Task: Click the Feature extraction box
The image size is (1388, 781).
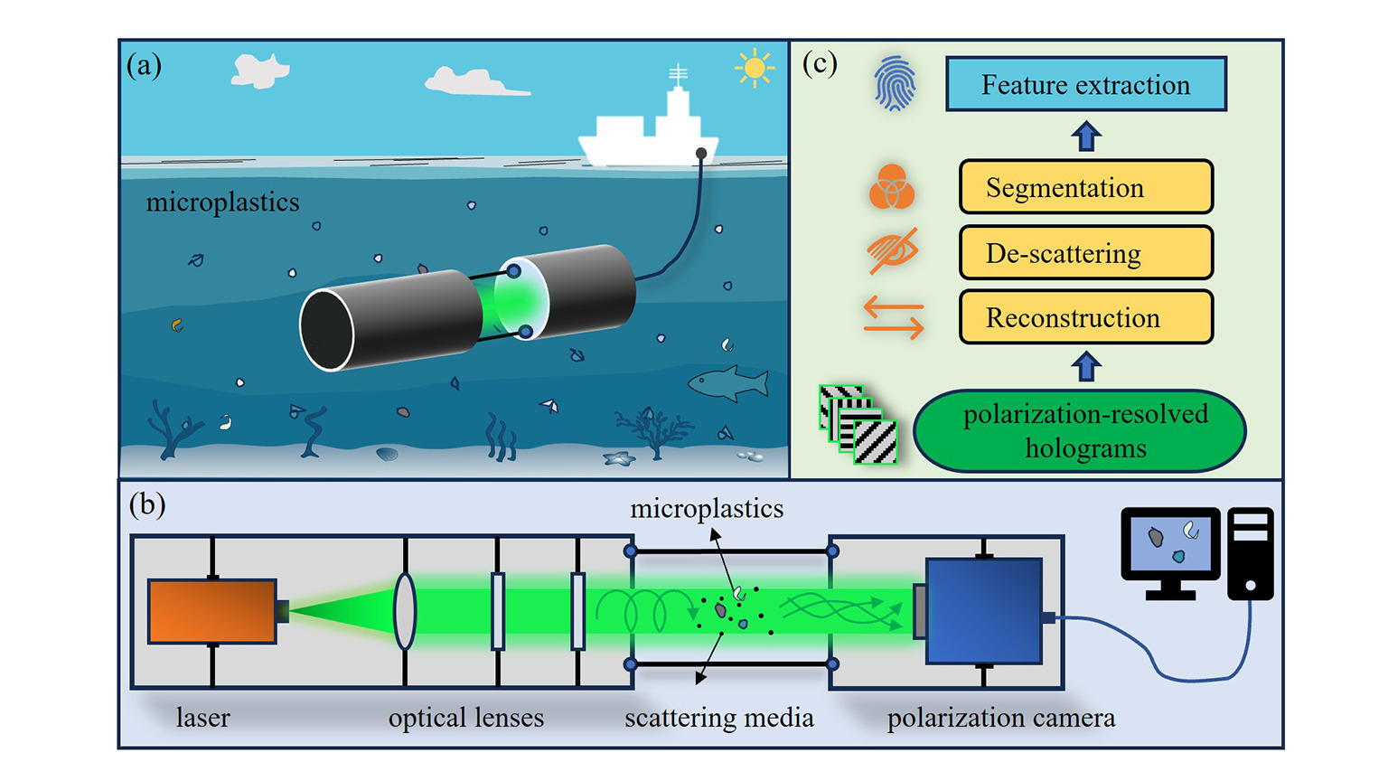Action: pyautogui.click(x=1085, y=85)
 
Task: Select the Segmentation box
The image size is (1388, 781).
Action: pyautogui.click(x=1085, y=187)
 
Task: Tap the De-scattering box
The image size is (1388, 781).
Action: pyautogui.click(x=1085, y=253)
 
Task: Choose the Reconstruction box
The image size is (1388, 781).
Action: pyautogui.click(x=1085, y=317)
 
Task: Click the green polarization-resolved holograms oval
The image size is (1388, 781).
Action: pyautogui.click(x=1080, y=431)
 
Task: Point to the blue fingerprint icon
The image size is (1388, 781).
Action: pyautogui.click(x=895, y=84)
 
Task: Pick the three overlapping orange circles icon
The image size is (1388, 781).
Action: pyautogui.click(x=891, y=187)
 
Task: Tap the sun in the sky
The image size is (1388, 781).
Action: pyautogui.click(x=755, y=68)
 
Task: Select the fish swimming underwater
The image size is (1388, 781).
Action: pyautogui.click(x=728, y=383)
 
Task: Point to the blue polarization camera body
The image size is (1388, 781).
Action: pyautogui.click(x=984, y=610)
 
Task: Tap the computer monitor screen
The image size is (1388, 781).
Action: pyautogui.click(x=1170, y=543)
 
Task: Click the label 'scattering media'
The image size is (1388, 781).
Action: pyautogui.click(x=718, y=718)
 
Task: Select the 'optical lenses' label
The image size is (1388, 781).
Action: pyautogui.click(x=465, y=718)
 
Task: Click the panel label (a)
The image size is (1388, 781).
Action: pyautogui.click(x=144, y=65)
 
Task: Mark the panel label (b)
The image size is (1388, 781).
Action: pyautogui.click(x=146, y=504)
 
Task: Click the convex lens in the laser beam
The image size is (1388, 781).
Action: pyautogui.click(x=405, y=611)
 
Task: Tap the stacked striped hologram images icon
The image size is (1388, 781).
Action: pyautogui.click(x=858, y=424)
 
